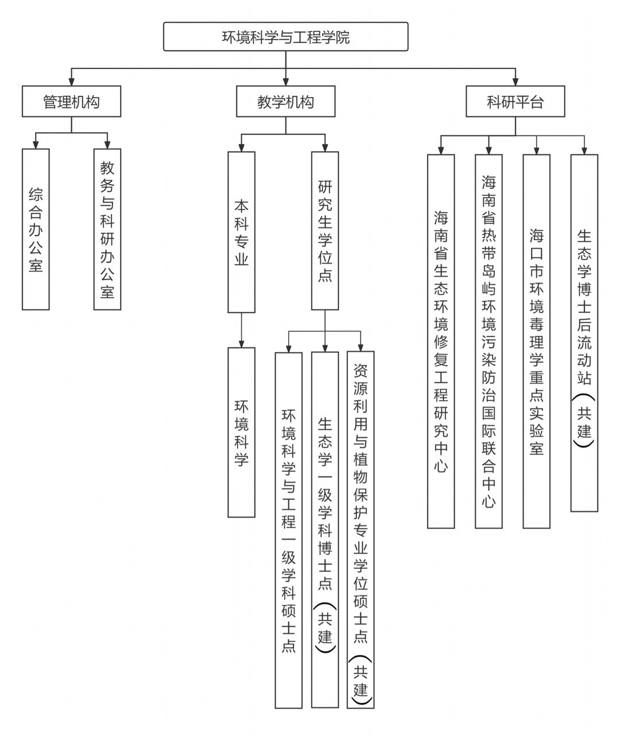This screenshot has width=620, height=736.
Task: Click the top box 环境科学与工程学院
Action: (285, 37)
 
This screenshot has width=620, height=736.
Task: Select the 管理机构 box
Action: (71, 102)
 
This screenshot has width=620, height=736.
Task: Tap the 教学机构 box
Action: (285, 102)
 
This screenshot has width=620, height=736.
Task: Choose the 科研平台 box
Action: (515, 102)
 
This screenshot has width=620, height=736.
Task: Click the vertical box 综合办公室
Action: (36, 229)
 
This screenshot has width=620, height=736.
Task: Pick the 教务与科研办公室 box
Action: (107, 229)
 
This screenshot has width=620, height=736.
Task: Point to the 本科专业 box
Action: (241, 232)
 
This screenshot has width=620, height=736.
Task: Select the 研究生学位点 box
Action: (325, 231)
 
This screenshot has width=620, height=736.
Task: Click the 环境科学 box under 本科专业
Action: (241, 432)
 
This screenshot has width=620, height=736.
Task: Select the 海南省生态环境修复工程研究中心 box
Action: (441, 341)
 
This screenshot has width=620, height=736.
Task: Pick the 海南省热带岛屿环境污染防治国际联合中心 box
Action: (489, 341)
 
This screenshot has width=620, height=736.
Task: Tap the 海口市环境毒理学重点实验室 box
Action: (536, 341)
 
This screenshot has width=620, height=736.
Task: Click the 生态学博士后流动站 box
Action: (584, 332)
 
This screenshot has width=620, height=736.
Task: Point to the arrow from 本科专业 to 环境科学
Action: (241, 330)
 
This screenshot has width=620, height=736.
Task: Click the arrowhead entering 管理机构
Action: (71, 82)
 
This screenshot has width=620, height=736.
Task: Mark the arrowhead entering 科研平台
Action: (515, 82)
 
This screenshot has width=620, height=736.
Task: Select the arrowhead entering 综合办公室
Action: (36, 145)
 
